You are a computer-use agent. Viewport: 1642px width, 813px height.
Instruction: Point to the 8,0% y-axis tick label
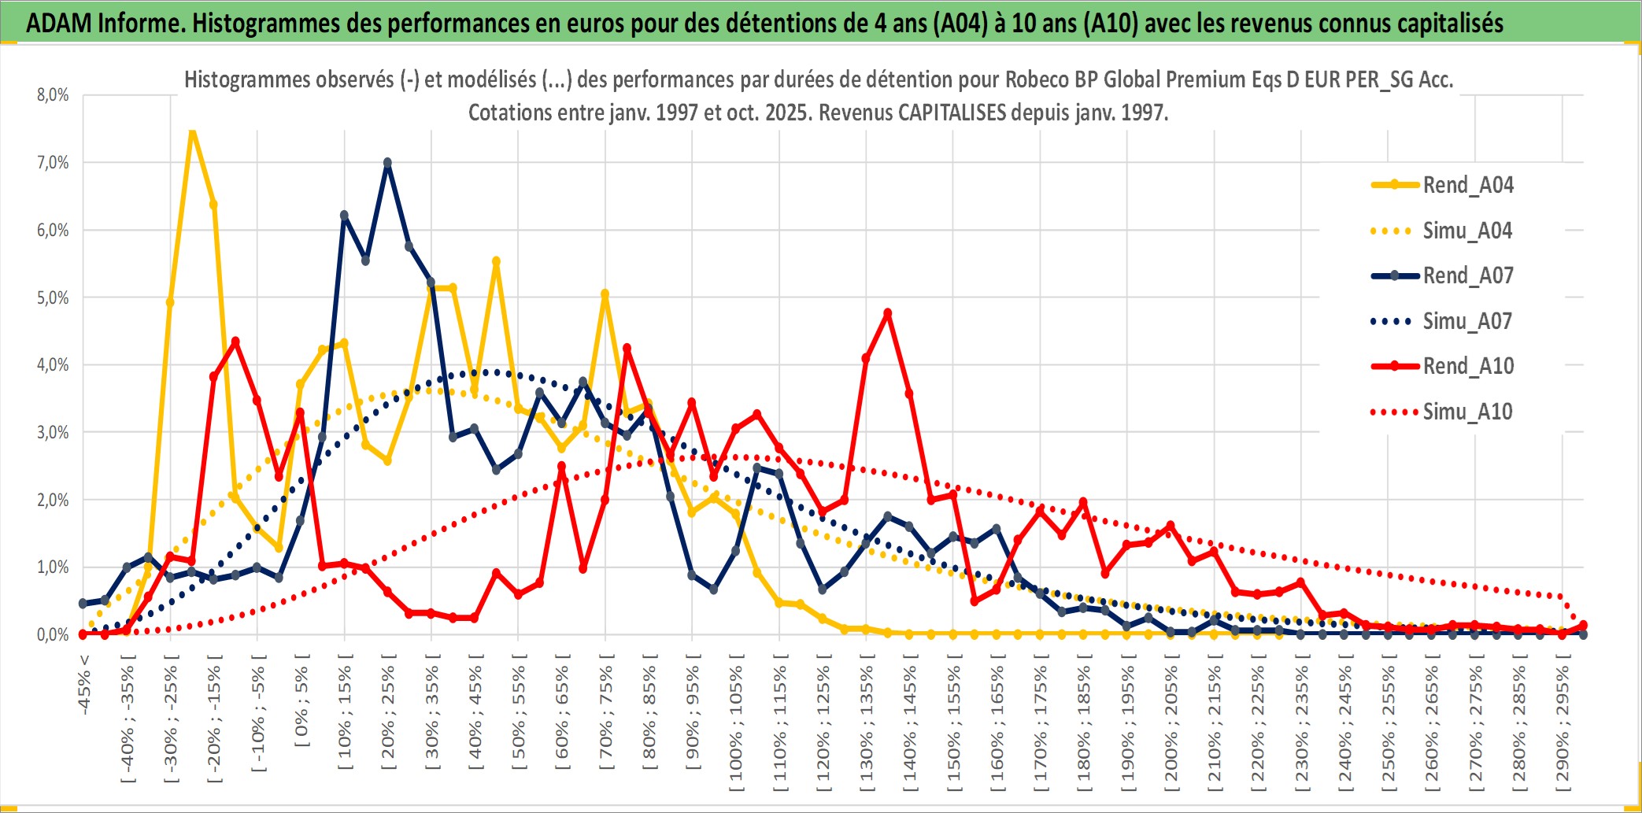pos(53,95)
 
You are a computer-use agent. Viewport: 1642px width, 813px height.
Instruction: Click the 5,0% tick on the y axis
pos(53,297)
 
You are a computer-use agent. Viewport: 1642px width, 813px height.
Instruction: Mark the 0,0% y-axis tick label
pos(53,634)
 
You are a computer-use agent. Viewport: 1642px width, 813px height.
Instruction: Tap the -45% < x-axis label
pos(83,685)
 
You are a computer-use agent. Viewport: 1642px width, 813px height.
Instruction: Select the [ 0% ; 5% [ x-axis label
pos(301,700)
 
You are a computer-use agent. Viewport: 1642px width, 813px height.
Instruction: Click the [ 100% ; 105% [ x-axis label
pos(736,724)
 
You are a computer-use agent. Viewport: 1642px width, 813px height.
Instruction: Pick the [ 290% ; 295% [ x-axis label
pos(1562,724)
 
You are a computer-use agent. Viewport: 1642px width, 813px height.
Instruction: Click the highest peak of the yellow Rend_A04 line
pos(192,131)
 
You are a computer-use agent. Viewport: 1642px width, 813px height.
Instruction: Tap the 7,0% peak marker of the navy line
pos(387,163)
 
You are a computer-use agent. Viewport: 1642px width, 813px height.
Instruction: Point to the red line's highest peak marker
pos(888,313)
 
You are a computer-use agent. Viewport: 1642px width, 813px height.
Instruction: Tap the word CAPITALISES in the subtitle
pos(952,113)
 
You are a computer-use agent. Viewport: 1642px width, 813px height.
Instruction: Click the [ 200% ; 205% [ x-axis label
pos(1171,724)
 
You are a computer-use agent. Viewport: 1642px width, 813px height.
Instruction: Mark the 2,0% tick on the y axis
pos(53,500)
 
